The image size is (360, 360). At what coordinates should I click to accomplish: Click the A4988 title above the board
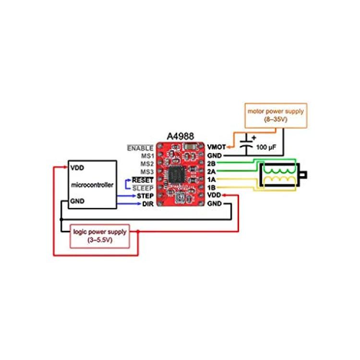[180, 136]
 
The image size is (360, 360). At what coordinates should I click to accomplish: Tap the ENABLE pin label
[140, 148]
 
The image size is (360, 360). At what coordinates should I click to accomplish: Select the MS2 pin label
[147, 164]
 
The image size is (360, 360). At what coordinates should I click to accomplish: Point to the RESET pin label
[143, 180]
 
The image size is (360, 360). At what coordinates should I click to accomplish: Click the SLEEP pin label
[143, 188]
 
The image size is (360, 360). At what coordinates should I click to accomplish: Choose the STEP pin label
[145, 196]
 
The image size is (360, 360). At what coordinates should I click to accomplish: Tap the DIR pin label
[148, 204]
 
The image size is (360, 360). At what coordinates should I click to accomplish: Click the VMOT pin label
[216, 147]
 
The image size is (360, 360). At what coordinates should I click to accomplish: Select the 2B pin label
[211, 164]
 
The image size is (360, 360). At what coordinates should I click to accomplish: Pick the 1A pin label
[211, 180]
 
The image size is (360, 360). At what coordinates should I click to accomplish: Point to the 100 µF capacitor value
[266, 147]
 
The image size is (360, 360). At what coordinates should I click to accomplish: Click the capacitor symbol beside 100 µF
[247, 145]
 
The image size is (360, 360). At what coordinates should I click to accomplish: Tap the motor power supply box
[276, 116]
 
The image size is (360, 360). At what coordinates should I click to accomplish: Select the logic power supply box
[100, 236]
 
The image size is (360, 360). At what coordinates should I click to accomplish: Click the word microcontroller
[92, 185]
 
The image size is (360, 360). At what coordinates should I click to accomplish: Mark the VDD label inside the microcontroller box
[77, 168]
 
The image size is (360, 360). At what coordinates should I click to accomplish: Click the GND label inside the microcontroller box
[77, 201]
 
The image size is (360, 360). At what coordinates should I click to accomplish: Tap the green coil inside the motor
[280, 170]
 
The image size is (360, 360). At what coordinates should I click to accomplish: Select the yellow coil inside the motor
[280, 180]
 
